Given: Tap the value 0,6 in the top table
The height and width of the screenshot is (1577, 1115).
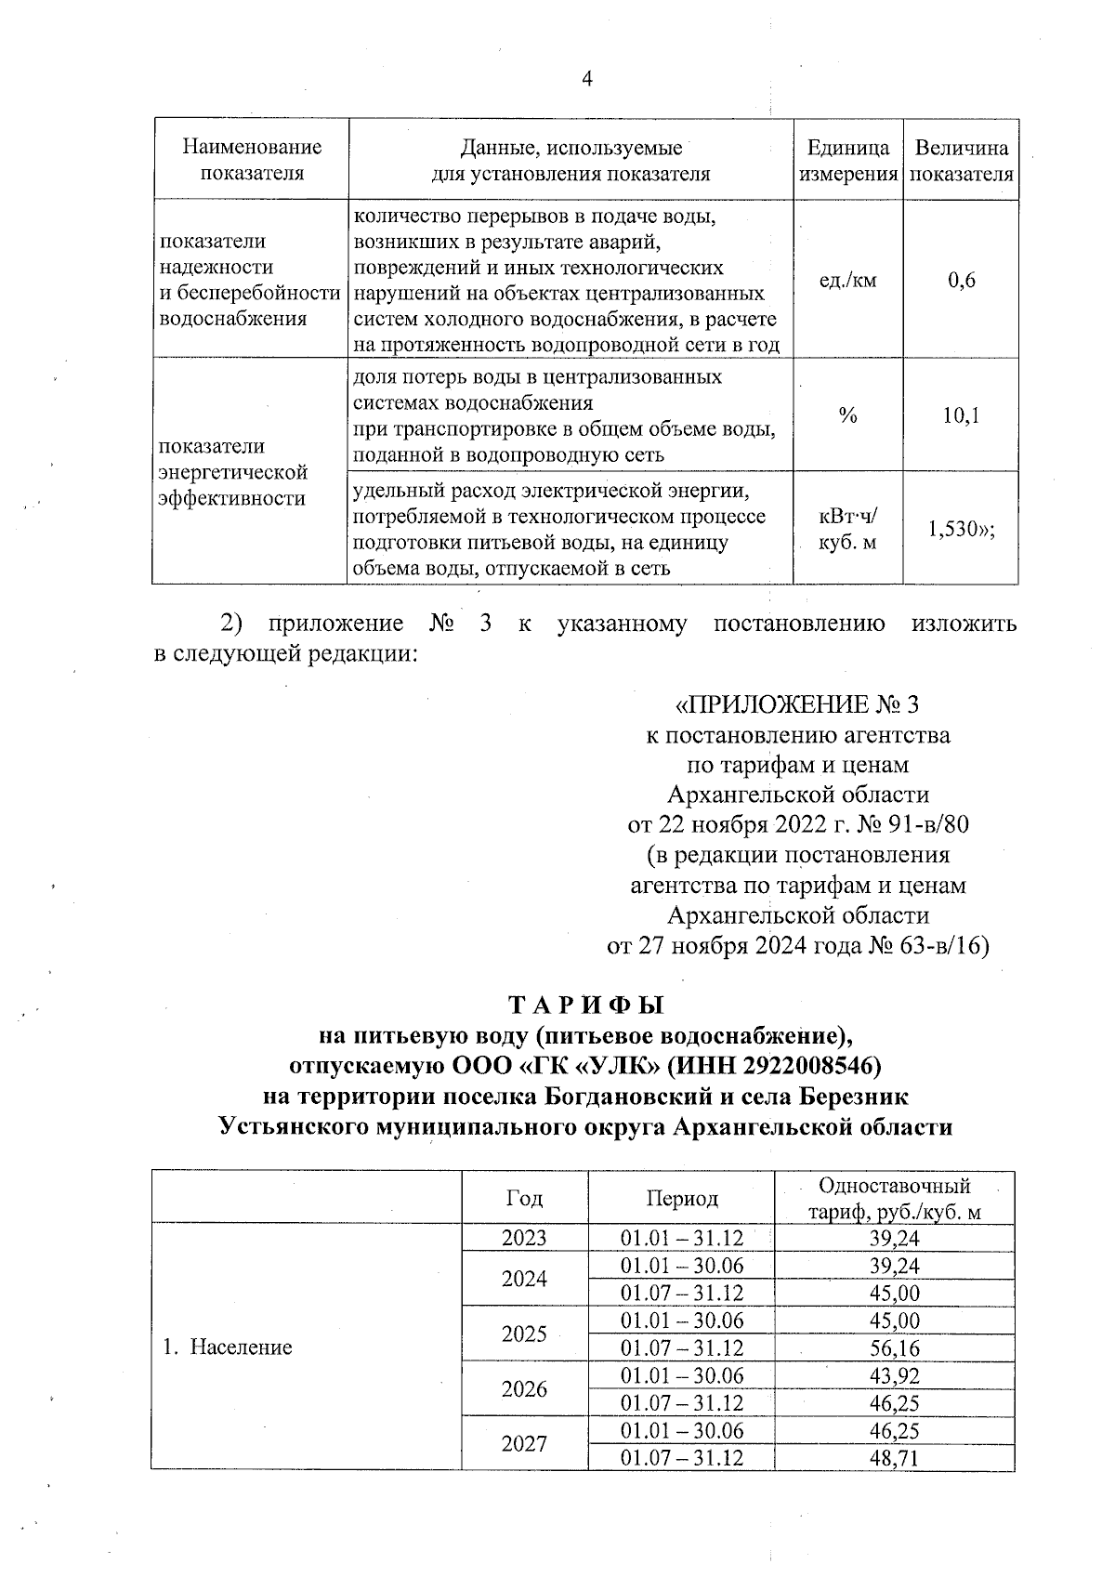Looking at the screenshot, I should coord(962,280).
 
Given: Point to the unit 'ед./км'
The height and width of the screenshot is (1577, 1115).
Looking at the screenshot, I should coord(847,280).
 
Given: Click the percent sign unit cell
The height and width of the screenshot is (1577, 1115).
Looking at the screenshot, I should coord(847,415).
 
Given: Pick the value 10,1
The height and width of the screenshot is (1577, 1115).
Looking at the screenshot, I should coord(962,415).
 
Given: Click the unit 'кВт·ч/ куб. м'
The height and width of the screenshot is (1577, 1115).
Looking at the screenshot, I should coord(847,529).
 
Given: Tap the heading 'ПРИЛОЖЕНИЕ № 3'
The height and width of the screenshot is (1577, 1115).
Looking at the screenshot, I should coord(798,703).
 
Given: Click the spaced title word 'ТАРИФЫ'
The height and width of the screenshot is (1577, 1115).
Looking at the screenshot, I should coord(586,1006).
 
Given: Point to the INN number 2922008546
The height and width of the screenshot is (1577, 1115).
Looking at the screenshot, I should coord(807,1066).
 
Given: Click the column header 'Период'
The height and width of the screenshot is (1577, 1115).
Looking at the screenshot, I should coord(682,1199).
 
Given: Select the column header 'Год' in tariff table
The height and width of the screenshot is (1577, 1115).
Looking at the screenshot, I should coord(524,1199).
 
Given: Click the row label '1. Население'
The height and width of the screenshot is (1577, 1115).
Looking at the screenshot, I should coord(228,1347).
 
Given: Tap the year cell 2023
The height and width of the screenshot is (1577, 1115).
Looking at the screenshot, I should coord(524,1238).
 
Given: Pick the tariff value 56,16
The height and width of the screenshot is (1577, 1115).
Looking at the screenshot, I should coord(894,1347).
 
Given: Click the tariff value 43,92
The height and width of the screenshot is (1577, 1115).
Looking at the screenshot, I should coord(894,1375).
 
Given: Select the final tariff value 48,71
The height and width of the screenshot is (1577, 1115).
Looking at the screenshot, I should coord(894,1458).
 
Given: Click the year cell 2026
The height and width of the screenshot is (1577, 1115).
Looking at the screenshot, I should coord(524,1389).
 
